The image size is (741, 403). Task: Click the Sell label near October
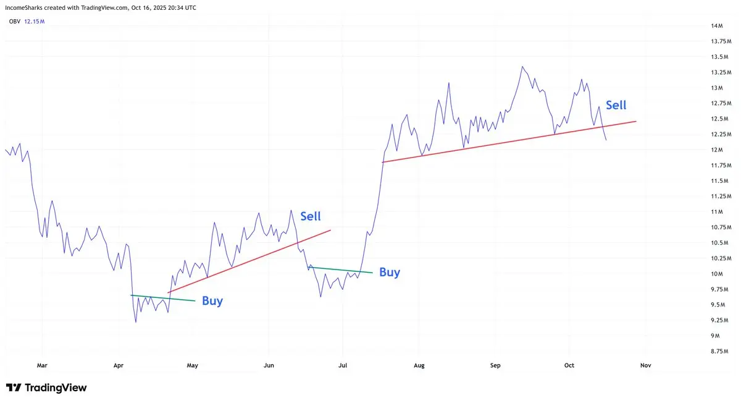[x=616, y=105]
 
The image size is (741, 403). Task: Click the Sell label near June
[x=310, y=216]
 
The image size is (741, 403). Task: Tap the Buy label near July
[x=389, y=272]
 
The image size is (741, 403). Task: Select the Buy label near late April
[x=212, y=301]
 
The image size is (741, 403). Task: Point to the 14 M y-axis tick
[x=716, y=26]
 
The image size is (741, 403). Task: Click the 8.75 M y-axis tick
[x=719, y=351]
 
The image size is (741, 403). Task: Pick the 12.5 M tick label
[x=719, y=119]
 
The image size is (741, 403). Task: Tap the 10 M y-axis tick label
[x=717, y=274]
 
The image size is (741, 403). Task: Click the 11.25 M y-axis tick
[x=719, y=196]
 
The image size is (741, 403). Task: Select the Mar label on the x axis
[x=42, y=365]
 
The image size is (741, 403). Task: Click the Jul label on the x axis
[x=343, y=365]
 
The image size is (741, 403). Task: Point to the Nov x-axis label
[x=645, y=365]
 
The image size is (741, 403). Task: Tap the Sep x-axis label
[x=495, y=365]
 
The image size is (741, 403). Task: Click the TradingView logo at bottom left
[x=46, y=388]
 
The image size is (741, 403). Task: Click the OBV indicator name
[x=15, y=22]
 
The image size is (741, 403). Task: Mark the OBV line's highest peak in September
[x=522, y=67]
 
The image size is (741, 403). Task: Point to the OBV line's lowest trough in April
[x=135, y=322]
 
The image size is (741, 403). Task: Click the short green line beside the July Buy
[x=340, y=270]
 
